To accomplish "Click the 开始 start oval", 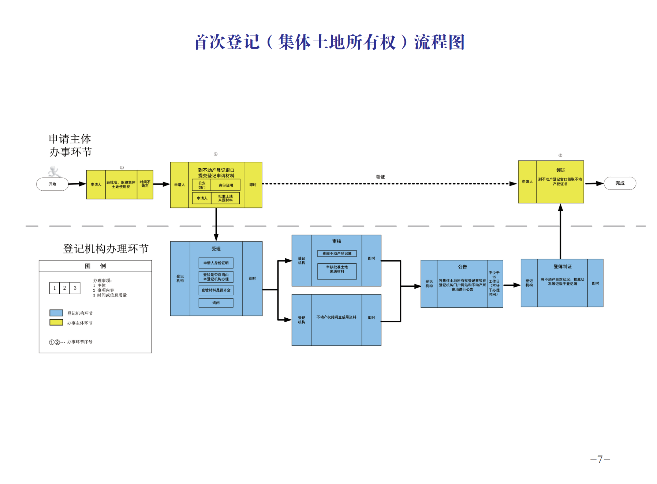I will click(x=52, y=184).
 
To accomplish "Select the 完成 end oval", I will click(x=620, y=183).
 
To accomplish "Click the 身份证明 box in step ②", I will click(x=225, y=185).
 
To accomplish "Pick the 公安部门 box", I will click(x=202, y=185).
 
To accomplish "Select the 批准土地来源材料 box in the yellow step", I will click(x=225, y=198).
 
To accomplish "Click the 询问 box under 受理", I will click(x=216, y=303).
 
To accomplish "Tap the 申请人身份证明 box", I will click(x=216, y=263).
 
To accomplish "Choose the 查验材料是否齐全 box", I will click(x=216, y=290).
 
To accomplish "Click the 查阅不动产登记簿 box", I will click(x=337, y=254).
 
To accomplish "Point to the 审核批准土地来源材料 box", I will click(x=337, y=271).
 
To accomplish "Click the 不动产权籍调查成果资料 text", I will click(x=336, y=317).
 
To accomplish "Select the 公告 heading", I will click(x=462, y=267).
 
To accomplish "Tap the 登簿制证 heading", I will click(x=562, y=266).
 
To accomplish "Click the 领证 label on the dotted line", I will click(x=380, y=177).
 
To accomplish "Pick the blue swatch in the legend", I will click(x=56, y=313).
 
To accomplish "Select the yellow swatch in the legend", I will click(x=56, y=322).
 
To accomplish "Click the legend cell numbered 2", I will click(x=64, y=288).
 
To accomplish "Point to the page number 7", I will click(x=600, y=459).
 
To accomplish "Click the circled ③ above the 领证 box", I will click(x=560, y=155).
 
